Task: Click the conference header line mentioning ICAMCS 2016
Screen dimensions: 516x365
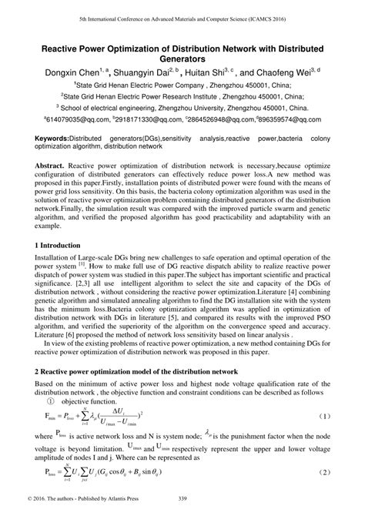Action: (182, 15)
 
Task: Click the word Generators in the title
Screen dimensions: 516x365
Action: (182, 57)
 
